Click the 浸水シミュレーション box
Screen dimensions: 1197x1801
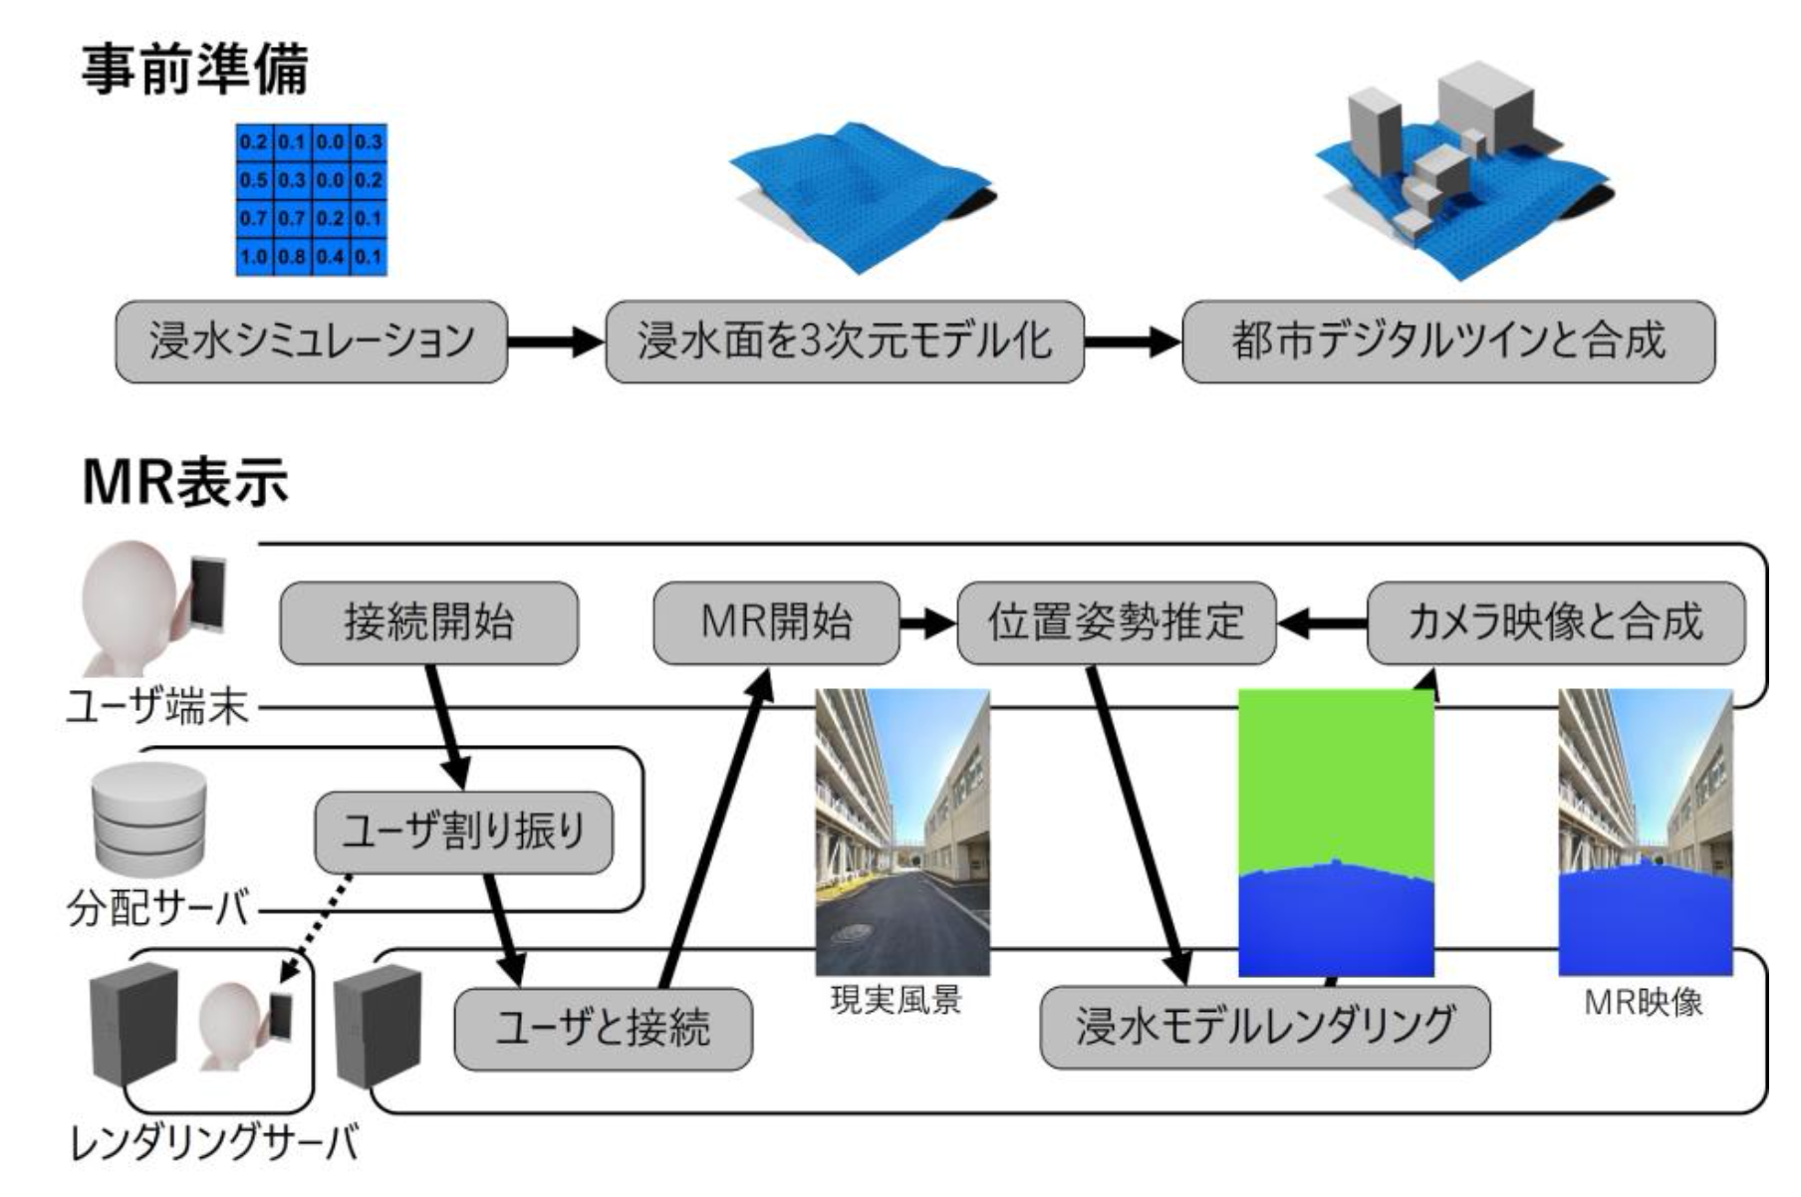(x=311, y=342)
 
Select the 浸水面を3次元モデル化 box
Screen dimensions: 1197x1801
(x=844, y=342)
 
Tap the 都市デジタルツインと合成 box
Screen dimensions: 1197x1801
(x=1447, y=342)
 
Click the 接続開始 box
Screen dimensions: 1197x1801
(x=428, y=623)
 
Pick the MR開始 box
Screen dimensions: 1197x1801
(x=776, y=623)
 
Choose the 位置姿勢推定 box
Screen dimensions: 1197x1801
(x=1116, y=623)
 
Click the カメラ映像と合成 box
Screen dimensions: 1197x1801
(x=1555, y=623)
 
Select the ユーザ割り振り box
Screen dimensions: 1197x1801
(x=463, y=833)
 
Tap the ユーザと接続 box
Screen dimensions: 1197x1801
(x=603, y=1029)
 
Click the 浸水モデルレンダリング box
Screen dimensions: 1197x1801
(x=1264, y=1027)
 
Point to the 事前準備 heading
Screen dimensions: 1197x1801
(x=195, y=70)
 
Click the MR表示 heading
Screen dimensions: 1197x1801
(x=185, y=483)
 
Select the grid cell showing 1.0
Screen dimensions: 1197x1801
(x=254, y=257)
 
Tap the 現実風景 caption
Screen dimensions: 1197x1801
(x=896, y=1001)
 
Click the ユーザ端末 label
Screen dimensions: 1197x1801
(x=156, y=708)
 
